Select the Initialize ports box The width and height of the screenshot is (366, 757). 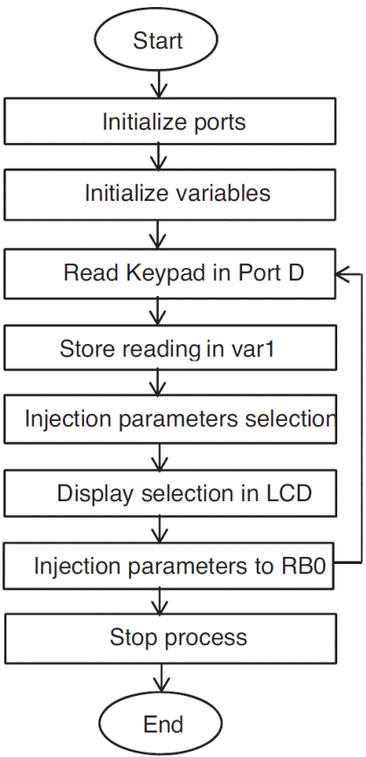pyautogui.click(x=170, y=121)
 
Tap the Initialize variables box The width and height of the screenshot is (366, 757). pyautogui.click(x=170, y=193)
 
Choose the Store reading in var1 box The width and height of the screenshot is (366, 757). pyautogui.click(x=170, y=349)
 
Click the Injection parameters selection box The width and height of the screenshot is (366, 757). pyautogui.click(x=170, y=418)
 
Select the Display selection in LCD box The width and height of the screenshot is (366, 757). pyautogui.click(x=170, y=493)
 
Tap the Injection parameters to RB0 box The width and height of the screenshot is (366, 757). pyautogui.click(x=170, y=565)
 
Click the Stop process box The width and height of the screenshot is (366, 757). pyautogui.click(x=170, y=637)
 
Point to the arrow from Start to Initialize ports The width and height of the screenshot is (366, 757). pyautogui.click(x=159, y=85)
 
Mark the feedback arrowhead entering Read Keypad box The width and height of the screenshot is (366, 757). pyautogui.click(x=343, y=272)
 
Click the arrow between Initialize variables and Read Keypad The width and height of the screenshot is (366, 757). pyautogui.click(x=159, y=234)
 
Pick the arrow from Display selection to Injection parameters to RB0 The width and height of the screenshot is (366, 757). pyautogui.click(x=159, y=529)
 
